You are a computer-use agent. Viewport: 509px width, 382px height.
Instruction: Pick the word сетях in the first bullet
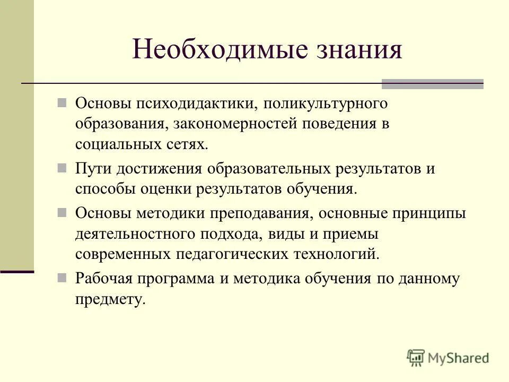187,144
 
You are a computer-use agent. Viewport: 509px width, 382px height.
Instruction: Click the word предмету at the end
110,299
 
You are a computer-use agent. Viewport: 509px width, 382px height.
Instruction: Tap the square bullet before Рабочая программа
62,277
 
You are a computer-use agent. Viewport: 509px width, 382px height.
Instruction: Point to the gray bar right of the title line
433,84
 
